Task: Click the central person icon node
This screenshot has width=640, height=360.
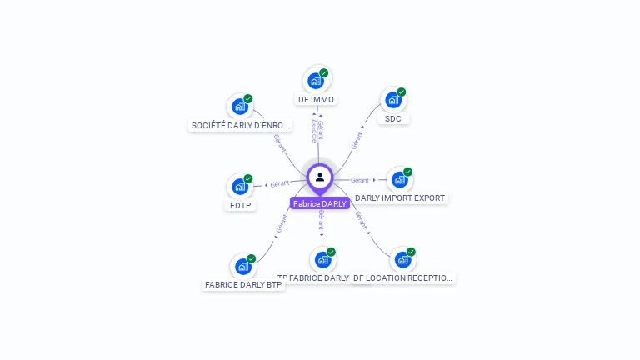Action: (x=320, y=177)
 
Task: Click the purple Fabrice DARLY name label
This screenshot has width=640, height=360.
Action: (x=320, y=203)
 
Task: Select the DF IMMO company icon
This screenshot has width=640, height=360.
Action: (x=316, y=81)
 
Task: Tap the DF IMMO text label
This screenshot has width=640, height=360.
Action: (x=316, y=100)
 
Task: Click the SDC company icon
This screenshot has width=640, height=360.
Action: (x=392, y=100)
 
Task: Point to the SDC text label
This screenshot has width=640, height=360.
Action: (x=393, y=118)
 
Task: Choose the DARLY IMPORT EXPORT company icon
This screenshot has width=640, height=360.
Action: (x=400, y=179)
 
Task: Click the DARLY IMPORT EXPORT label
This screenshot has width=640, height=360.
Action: (x=400, y=198)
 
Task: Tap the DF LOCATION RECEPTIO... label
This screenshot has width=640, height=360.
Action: (x=404, y=278)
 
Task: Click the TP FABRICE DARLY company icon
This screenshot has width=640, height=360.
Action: (x=323, y=259)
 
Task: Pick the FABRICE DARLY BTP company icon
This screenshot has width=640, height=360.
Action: (x=243, y=267)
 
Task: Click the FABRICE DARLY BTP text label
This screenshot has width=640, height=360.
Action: (x=243, y=285)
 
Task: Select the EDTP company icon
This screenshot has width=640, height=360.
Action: (x=240, y=186)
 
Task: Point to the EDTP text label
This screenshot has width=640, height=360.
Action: (x=240, y=205)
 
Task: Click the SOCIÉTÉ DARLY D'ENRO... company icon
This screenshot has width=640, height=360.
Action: (x=240, y=107)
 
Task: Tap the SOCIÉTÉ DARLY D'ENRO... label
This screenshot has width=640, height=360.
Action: (x=242, y=126)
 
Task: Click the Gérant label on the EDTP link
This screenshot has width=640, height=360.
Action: (x=280, y=182)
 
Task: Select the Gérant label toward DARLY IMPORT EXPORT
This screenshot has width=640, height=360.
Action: (x=360, y=180)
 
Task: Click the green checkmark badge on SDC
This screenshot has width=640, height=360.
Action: (x=402, y=92)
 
